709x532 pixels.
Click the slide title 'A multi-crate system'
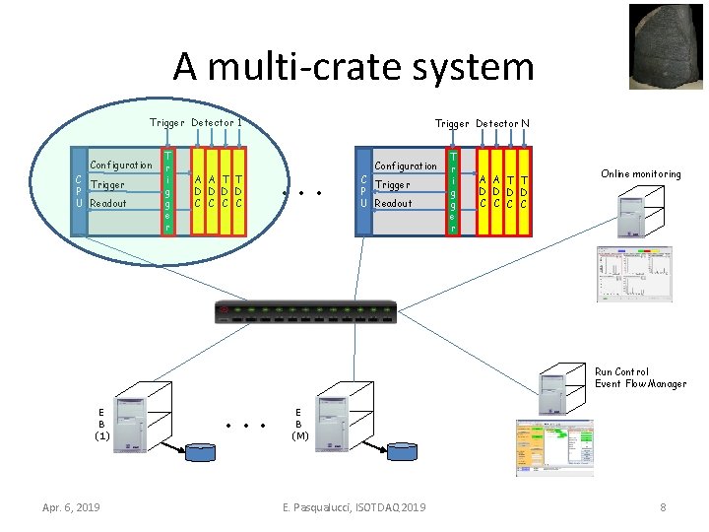[354, 67]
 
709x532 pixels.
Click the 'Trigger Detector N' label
[482, 123]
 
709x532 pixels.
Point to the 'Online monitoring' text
[640, 174]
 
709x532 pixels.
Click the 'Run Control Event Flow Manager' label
[640, 377]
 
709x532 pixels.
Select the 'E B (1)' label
[102, 425]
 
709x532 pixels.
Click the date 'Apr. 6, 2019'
[71, 507]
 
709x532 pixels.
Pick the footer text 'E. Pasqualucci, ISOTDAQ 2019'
[354, 507]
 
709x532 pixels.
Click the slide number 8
[663, 507]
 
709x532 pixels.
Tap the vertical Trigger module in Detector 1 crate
[169, 192]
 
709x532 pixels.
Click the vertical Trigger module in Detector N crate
[453, 192]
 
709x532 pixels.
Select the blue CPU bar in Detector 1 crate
[79, 193]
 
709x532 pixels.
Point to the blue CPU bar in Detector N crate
[363, 193]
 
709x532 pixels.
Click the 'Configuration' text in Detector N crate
[405, 166]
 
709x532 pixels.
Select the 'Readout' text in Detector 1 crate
[108, 203]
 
